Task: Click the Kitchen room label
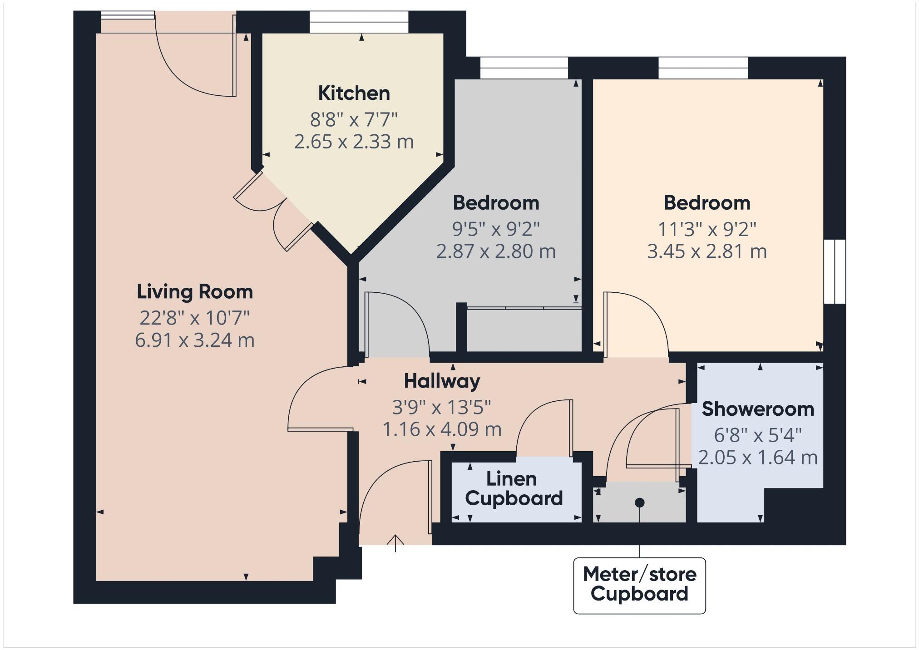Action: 354,93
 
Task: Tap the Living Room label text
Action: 195,291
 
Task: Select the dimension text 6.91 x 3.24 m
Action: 195,340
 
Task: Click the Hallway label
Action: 442,381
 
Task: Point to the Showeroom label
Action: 757,409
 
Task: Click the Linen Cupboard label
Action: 514,489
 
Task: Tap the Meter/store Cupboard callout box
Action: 639,585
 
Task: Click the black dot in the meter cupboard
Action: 639,502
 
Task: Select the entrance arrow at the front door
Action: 395,542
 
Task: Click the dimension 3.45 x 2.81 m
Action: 707,251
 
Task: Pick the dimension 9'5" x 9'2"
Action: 496,229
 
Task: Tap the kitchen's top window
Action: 359,22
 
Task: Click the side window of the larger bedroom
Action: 835,271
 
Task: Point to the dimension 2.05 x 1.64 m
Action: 757,458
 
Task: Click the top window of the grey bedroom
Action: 524,68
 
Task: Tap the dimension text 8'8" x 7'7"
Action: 354,120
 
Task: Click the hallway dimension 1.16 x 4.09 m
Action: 442,429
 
